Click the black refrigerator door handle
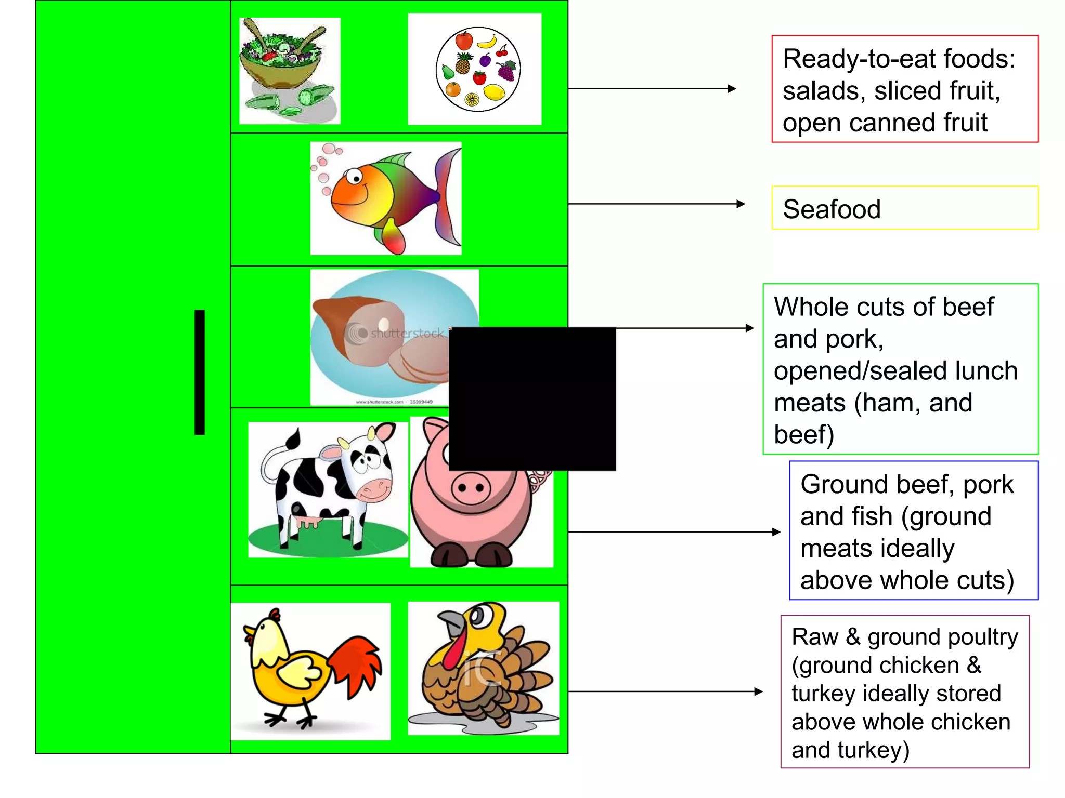tap(200, 372)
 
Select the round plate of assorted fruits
tap(478, 69)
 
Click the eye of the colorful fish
tap(356, 178)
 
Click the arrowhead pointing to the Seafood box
tap(741, 204)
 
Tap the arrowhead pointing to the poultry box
tap(759, 691)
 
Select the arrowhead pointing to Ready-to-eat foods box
tap(732, 89)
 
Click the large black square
tap(532, 399)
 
